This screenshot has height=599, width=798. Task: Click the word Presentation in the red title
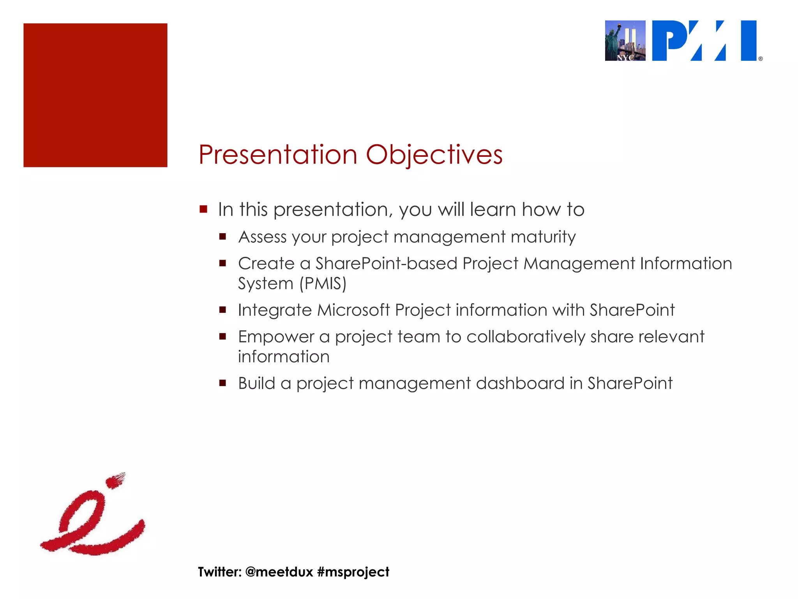click(x=278, y=155)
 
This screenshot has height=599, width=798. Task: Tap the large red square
click(x=95, y=96)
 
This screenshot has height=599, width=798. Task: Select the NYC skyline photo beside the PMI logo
click(x=625, y=41)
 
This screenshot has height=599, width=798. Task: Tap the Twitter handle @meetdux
click(x=279, y=572)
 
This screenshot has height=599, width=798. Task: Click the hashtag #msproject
click(x=353, y=572)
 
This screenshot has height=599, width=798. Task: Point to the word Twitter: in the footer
click(x=220, y=572)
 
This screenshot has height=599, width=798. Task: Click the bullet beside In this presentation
click(x=203, y=209)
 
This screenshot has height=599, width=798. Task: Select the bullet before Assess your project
click(x=222, y=236)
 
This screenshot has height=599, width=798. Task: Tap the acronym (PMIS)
click(x=323, y=284)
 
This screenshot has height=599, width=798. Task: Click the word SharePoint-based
click(x=386, y=264)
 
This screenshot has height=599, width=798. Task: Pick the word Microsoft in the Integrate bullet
click(x=353, y=310)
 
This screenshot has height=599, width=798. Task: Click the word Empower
click(x=276, y=337)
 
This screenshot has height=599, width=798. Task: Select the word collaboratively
click(x=526, y=337)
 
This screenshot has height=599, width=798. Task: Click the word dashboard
click(x=520, y=383)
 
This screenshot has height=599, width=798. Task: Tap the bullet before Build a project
click(x=222, y=383)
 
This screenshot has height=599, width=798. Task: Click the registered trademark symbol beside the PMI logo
click(x=760, y=59)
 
